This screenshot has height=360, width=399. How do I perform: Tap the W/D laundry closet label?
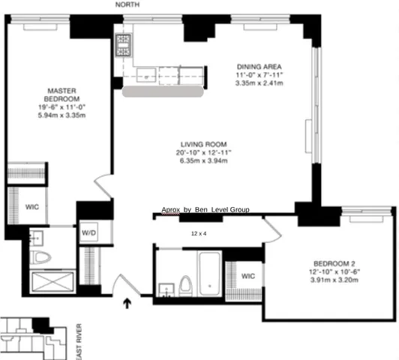point(88,232)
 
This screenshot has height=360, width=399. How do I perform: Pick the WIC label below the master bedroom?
point(32,207)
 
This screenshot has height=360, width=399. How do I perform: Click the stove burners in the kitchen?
point(122,46)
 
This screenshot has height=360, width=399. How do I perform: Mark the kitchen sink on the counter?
point(146,73)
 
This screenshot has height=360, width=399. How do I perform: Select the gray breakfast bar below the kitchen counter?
point(165,91)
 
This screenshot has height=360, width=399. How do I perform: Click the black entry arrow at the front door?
point(127,303)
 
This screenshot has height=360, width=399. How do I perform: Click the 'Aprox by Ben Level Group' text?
point(205,210)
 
